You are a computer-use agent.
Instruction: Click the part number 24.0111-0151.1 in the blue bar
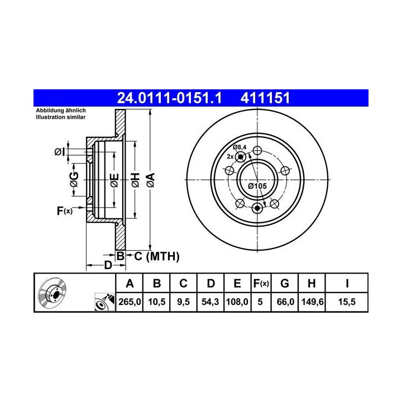[x=169, y=98]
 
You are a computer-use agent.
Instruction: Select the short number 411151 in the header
[x=265, y=98]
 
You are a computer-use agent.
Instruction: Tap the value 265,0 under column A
[x=130, y=301]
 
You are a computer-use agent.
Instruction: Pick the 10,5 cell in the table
[x=157, y=301]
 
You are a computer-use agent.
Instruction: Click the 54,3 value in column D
[x=210, y=301]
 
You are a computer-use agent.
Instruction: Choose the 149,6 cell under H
[x=312, y=301]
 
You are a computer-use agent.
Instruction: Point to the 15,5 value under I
[x=347, y=301]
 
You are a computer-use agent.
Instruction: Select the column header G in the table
[x=285, y=283]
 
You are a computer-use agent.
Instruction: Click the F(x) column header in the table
[x=261, y=283]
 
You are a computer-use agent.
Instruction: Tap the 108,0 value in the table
[x=237, y=301]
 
